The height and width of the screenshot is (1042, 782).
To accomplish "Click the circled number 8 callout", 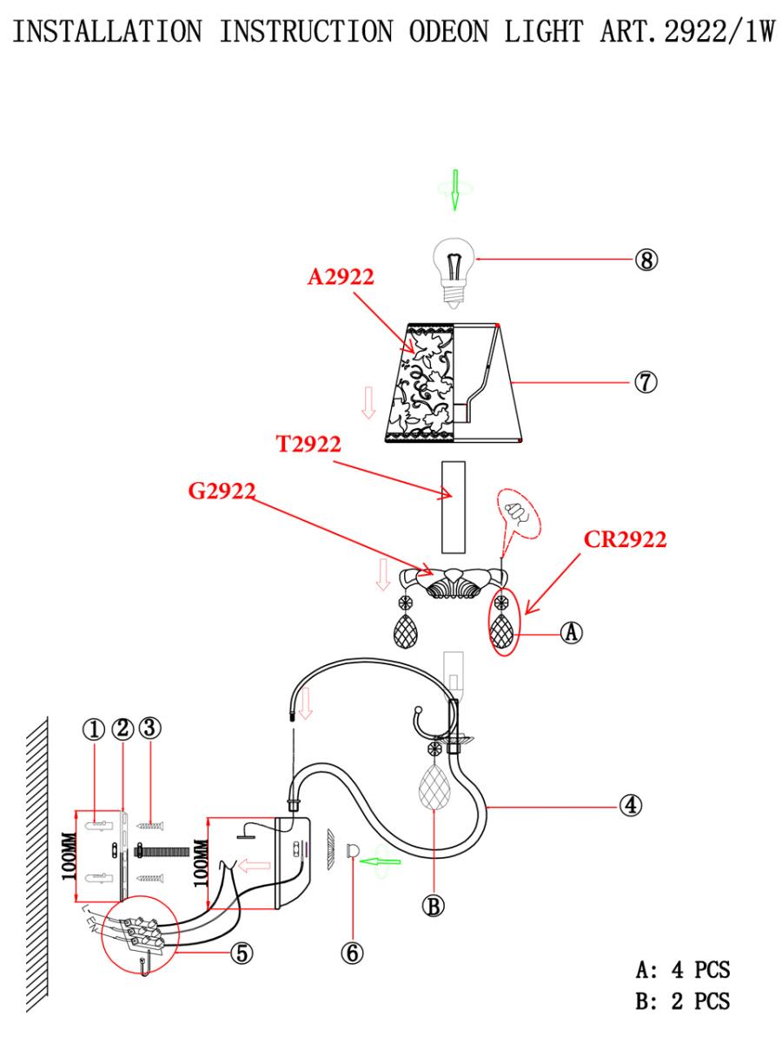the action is click(646, 260).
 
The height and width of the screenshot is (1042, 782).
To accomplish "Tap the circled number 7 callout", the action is click(646, 382).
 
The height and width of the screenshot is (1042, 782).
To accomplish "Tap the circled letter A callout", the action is click(571, 632).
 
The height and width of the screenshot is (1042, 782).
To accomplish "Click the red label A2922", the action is click(341, 277).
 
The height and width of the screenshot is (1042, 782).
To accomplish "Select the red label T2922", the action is click(308, 445).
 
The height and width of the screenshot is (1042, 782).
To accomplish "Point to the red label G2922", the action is click(222, 491).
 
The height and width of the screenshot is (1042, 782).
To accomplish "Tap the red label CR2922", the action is click(625, 539).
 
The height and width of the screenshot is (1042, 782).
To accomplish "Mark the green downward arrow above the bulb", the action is click(454, 190).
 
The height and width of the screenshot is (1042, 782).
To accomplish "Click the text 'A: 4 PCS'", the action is click(683, 970).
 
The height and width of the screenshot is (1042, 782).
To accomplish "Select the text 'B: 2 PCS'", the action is click(683, 1001).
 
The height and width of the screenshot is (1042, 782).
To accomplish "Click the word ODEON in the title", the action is click(448, 32).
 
